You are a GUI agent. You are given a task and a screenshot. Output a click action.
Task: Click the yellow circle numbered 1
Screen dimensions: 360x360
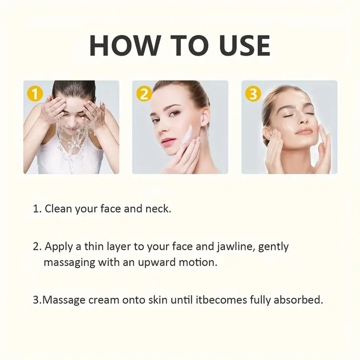click(35, 95)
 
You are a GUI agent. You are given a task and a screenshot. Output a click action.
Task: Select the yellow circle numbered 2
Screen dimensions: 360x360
click(144, 95)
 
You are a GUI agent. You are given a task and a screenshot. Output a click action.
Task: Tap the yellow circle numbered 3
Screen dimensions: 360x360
click(253, 95)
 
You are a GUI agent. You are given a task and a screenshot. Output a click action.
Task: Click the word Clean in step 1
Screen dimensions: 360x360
click(58, 209)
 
